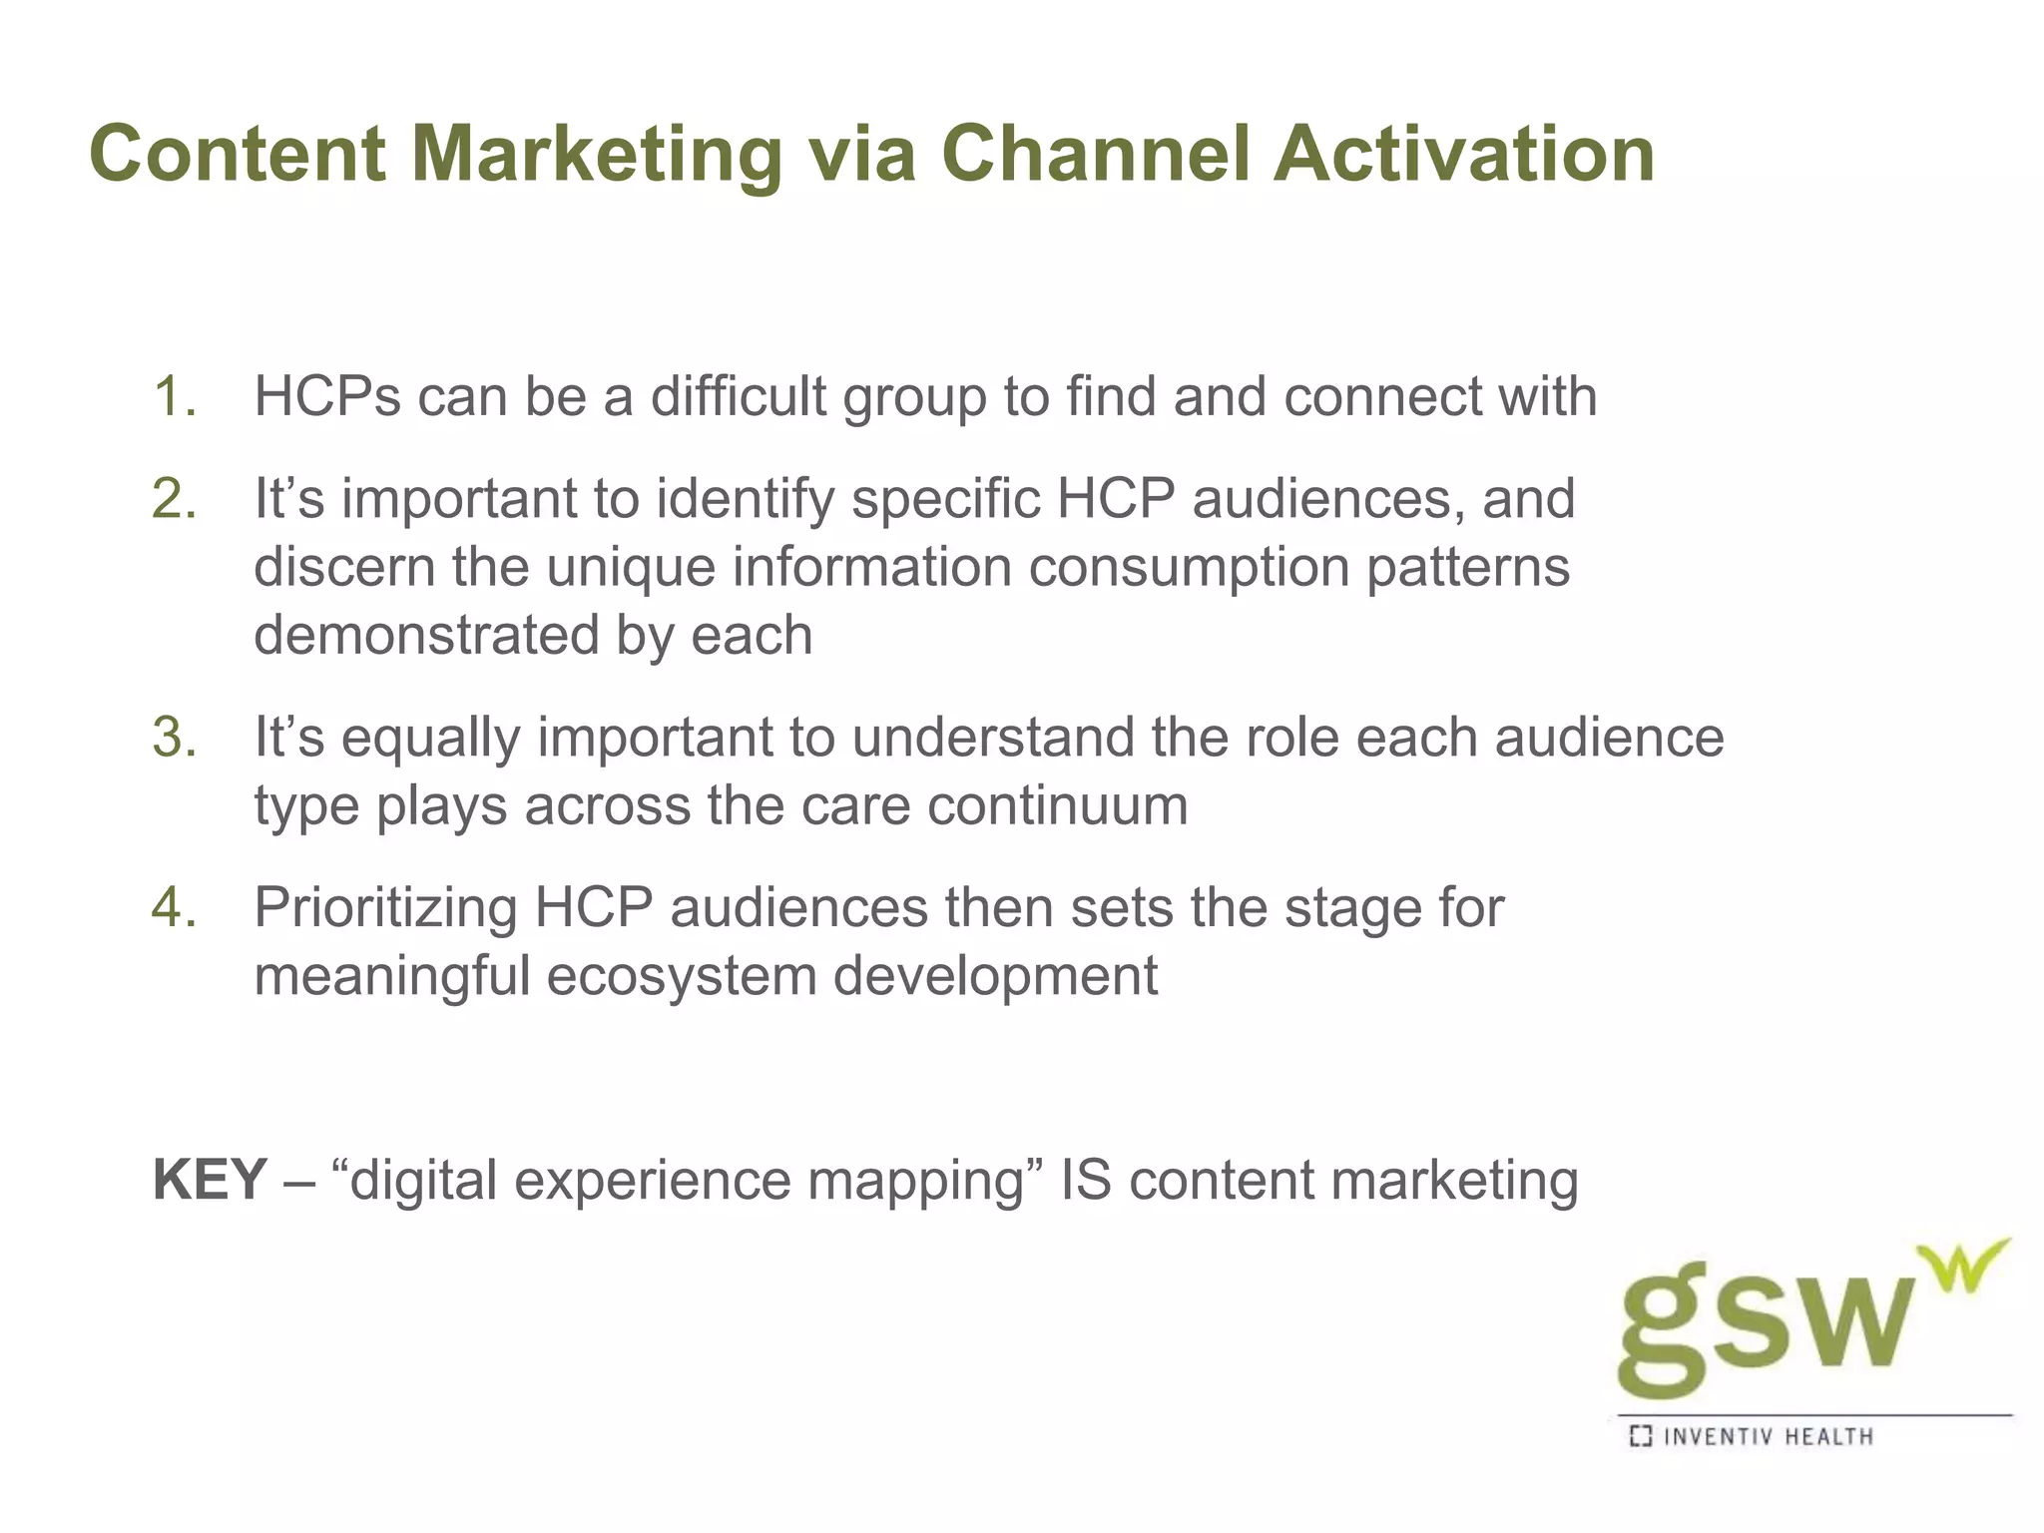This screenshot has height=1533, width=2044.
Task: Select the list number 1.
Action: point(176,396)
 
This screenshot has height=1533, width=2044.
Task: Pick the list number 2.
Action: point(176,498)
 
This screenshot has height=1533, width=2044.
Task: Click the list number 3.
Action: point(176,738)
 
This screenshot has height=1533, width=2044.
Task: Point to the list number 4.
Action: point(176,907)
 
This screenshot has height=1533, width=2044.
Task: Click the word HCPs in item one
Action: point(327,396)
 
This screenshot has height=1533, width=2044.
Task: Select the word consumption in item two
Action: point(1189,567)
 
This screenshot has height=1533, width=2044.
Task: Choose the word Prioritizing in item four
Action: point(385,907)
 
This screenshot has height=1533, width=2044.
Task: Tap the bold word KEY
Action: point(210,1180)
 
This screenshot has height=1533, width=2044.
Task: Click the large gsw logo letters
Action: point(1767,1322)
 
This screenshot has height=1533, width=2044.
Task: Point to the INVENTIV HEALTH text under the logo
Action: point(1768,1437)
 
